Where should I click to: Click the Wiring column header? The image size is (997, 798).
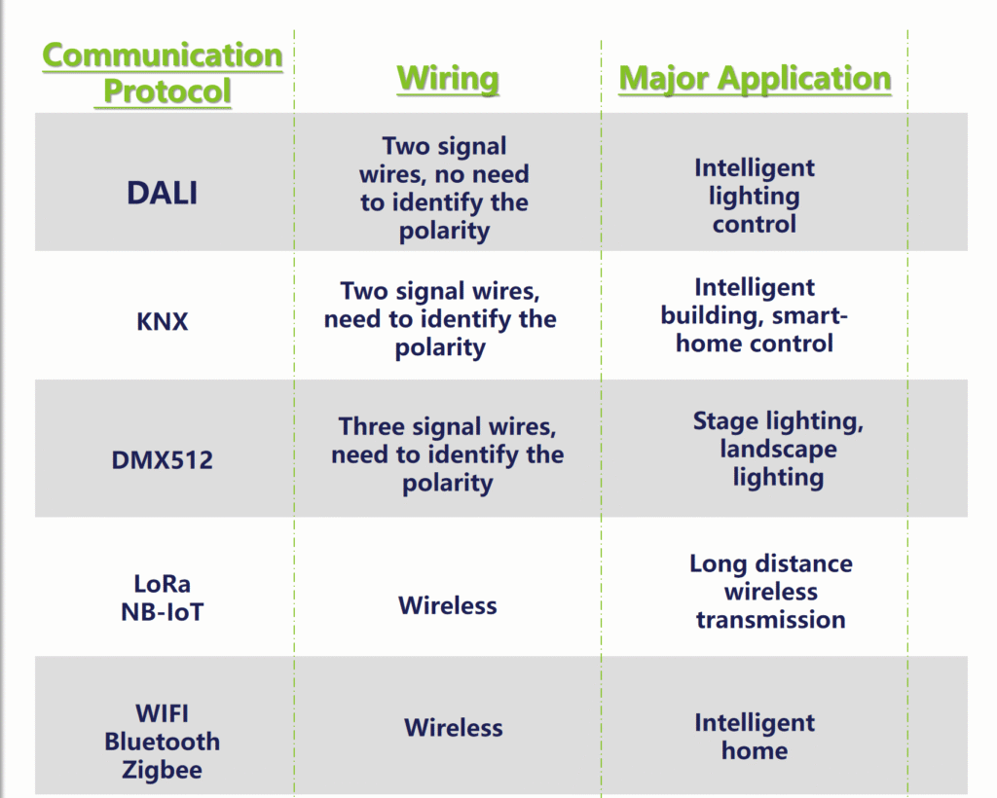[448, 79]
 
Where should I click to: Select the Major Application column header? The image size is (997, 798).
[755, 79]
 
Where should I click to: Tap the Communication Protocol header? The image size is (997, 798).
[163, 73]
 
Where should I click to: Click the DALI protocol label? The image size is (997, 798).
[163, 193]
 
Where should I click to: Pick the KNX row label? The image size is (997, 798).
[163, 321]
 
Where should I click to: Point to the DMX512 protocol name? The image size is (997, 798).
[163, 460]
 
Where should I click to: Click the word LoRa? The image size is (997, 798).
[163, 583]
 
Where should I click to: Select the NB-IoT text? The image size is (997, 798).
[163, 612]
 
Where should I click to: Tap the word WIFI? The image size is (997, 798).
[163, 713]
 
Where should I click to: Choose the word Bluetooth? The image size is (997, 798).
[163, 742]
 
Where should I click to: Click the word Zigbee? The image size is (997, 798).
[163, 770]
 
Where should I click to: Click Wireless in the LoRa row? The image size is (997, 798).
[448, 605]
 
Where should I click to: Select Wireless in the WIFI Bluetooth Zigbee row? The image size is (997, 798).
[454, 728]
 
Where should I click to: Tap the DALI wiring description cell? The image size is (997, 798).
[444, 188]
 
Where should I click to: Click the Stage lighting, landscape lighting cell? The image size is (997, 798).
[778, 450]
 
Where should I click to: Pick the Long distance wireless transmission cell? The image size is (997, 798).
[771, 592]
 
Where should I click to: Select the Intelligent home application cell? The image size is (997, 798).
[755, 737]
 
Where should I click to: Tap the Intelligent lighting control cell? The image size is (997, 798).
[755, 196]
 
